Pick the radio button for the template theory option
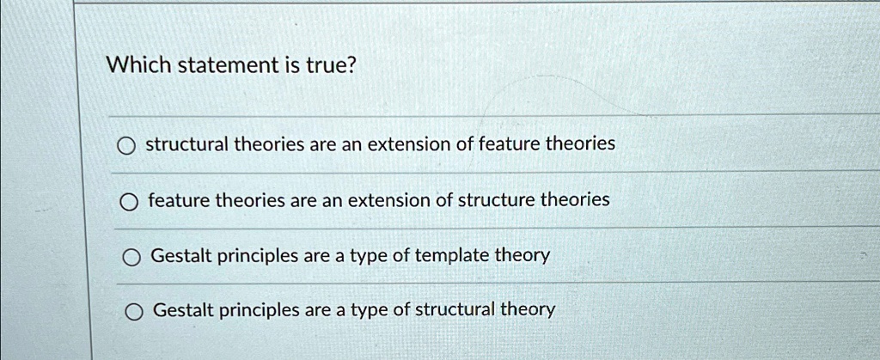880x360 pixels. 130,258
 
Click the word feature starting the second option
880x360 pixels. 179,200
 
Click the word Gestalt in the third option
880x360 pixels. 180,255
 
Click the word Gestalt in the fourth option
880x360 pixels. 182,309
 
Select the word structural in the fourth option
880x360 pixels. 455,309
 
